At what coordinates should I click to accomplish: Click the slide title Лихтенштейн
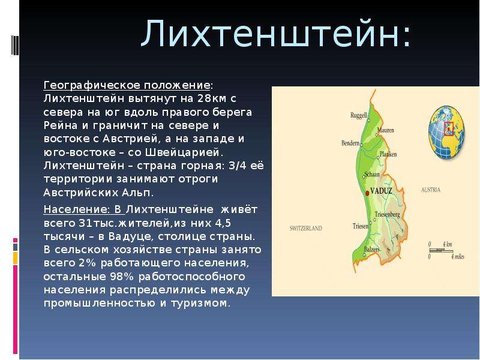275,33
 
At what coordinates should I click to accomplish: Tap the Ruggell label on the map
358,115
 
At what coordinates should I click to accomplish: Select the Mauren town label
386,130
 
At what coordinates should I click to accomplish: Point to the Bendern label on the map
350,143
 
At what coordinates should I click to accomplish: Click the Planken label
388,154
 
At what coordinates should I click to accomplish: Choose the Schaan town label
372,174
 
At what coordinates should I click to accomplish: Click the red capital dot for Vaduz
367,193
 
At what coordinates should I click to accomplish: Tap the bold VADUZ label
381,191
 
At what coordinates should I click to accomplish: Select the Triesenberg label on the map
387,214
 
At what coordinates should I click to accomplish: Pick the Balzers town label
371,249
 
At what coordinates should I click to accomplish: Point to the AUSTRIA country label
431,190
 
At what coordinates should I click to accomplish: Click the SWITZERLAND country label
306,228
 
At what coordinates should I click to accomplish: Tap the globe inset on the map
446,132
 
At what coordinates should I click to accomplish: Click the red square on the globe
448,128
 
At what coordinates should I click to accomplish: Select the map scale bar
446,250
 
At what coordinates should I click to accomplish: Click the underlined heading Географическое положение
127,85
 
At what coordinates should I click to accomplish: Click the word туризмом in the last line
199,303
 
